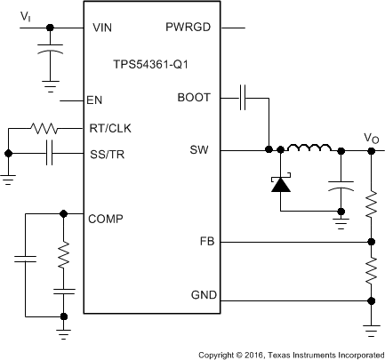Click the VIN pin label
click(x=102, y=28)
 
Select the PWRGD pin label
click(x=188, y=28)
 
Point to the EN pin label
click(x=96, y=100)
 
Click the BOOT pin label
click(x=193, y=97)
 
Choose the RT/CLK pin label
click(x=109, y=128)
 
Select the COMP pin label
click(x=107, y=218)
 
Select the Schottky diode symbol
click(x=281, y=184)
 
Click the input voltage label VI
click(x=26, y=15)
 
